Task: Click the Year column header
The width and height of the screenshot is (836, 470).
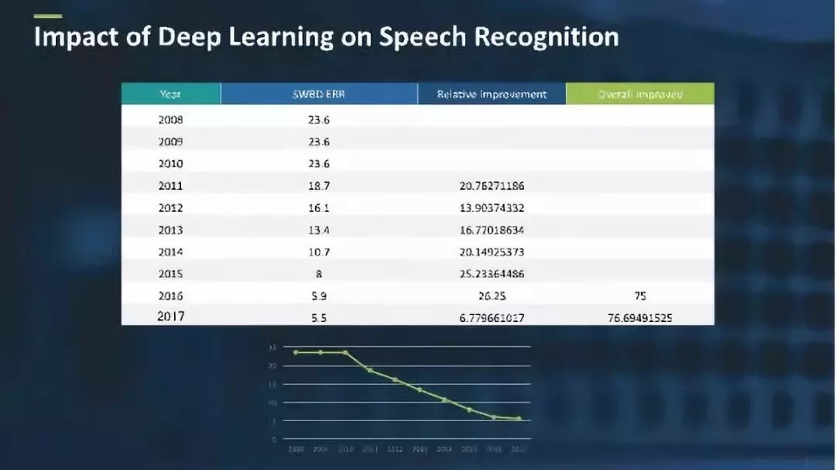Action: pos(170,94)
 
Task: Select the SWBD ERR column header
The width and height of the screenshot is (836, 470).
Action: pos(319,94)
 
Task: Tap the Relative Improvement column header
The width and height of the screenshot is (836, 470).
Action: pos(492,94)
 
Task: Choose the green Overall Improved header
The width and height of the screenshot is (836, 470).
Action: pos(640,94)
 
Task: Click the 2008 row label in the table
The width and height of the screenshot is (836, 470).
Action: pos(170,120)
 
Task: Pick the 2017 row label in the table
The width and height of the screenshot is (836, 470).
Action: pos(171,316)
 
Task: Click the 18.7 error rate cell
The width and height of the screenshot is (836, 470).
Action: pos(319,186)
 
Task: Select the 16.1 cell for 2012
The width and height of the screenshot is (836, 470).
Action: pos(319,208)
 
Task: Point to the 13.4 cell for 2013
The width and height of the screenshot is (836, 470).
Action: pos(319,230)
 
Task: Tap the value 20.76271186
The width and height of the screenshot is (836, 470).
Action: pos(492,186)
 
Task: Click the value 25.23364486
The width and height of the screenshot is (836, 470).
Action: pos(492,273)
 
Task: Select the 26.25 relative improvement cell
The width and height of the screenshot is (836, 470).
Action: pos(492,295)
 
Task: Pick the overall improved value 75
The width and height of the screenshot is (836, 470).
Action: pos(639,295)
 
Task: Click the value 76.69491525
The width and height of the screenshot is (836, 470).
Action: pos(639,317)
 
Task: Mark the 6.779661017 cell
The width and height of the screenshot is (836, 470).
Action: pos(492,317)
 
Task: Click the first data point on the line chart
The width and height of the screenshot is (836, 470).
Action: pos(296,352)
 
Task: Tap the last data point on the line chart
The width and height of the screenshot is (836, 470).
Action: pos(519,419)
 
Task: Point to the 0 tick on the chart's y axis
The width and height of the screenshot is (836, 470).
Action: pos(273,439)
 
